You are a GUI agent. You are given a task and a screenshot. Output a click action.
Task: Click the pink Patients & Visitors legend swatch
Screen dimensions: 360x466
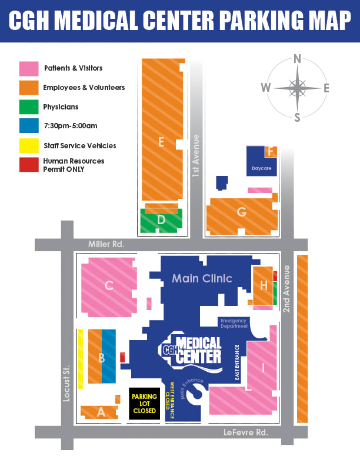(29, 68)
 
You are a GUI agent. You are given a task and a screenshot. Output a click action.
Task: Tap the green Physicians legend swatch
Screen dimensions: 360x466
(29, 107)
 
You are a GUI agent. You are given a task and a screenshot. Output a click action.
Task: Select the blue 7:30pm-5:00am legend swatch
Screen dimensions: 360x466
(29, 126)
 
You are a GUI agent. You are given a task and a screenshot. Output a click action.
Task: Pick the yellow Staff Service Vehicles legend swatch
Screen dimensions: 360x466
(29, 145)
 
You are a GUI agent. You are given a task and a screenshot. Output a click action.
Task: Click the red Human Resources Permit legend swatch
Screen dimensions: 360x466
(29, 165)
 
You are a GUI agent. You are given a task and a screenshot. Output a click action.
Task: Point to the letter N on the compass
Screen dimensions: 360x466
(298, 59)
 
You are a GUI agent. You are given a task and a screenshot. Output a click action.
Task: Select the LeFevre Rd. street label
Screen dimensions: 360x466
(246, 432)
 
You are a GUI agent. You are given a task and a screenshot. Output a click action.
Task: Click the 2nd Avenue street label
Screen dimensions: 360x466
(287, 288)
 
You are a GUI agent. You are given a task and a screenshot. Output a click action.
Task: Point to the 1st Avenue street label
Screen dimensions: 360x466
(196, 156)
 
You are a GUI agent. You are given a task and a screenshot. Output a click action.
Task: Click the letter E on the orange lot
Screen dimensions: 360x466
(161, 141)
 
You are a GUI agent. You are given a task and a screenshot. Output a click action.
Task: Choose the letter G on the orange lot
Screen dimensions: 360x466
(242, 212)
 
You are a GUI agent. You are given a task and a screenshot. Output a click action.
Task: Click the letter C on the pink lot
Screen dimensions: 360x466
(109, 286)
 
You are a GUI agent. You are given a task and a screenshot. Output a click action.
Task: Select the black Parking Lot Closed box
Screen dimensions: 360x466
(145, 404)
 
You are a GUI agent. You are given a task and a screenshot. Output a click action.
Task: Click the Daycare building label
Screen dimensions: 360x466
(261, 168)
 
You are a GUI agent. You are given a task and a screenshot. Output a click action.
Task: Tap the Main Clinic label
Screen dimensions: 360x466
(202, 278)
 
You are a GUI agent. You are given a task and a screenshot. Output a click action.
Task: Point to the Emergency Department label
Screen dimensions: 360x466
(234, 323)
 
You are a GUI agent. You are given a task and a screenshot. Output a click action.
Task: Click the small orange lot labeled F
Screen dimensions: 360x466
(271, 152)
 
